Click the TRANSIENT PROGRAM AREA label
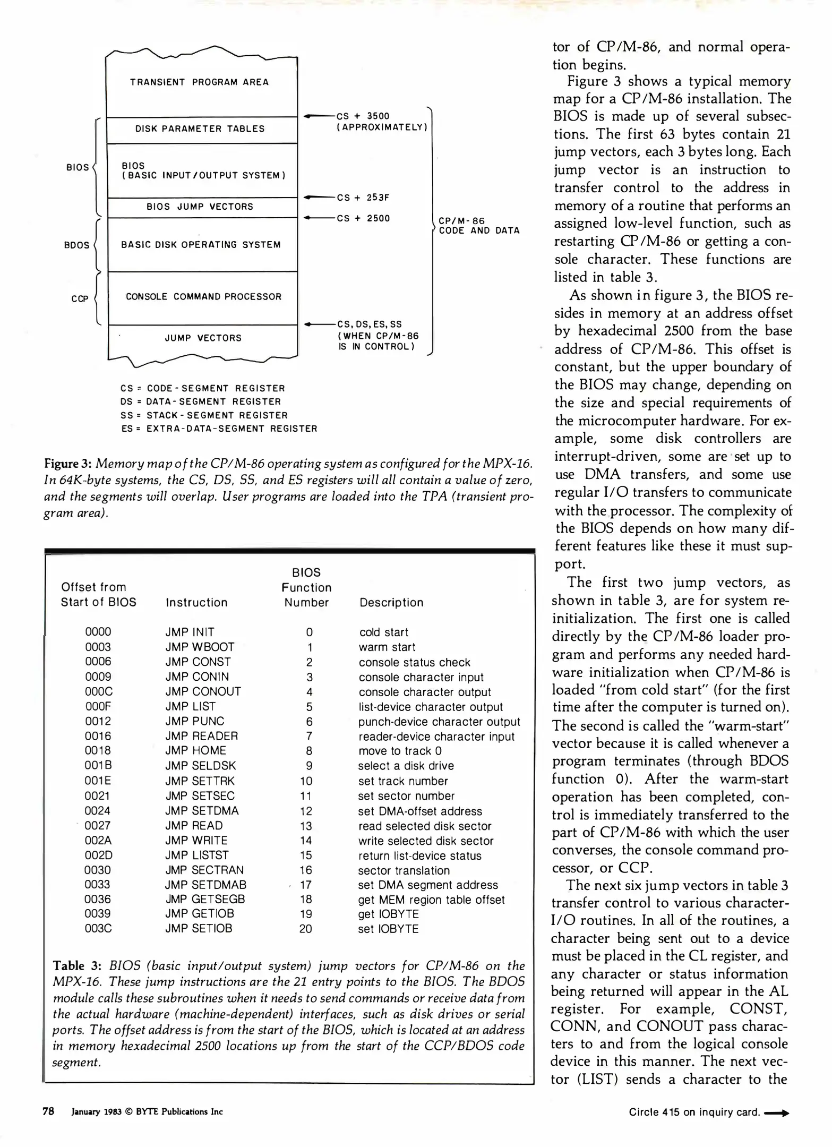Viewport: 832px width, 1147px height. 199,82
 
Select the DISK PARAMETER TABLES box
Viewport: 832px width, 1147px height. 200,129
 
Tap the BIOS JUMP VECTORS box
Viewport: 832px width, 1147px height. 200,207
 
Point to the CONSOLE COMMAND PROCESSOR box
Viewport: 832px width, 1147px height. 203,297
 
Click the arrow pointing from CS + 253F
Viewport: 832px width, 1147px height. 318,198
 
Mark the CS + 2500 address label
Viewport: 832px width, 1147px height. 363,218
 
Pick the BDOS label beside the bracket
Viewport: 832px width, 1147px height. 76,245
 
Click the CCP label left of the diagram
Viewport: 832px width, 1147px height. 80,299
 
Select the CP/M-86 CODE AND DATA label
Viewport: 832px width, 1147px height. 478,226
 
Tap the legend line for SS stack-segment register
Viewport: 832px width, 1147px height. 204,415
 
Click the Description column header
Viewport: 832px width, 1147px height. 391,603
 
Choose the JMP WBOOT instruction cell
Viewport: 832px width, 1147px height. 200,647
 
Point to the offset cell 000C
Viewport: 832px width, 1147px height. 99,691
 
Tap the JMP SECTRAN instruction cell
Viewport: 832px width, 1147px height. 204,870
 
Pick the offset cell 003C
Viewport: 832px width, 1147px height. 98,929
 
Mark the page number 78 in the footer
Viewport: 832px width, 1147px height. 48,1111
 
